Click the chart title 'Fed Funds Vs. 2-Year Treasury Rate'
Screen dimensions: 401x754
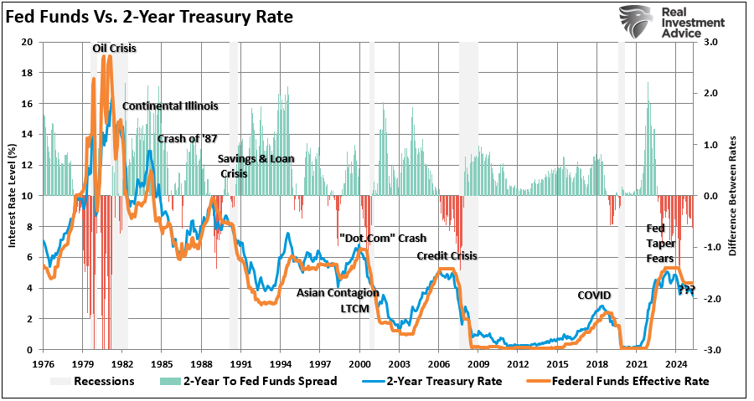[x=150, y=16]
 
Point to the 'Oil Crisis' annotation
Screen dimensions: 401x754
[x=114, y=48]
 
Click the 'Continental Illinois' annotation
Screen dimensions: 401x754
[x=170, y=106]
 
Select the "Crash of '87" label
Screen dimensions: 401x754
[x=187, y=138]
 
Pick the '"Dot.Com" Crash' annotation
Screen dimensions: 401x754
[x=377, y=238]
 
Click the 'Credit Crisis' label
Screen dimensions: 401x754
[x=447, y=256]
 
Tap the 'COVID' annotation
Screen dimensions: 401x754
[x=594, y=296]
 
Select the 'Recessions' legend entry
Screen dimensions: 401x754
[x=103, y=381]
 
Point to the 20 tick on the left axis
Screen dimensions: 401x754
[x=27, y=42]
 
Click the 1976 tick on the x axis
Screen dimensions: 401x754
[x=43, y=365]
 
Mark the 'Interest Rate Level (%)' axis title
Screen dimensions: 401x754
[x=12, y=196]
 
